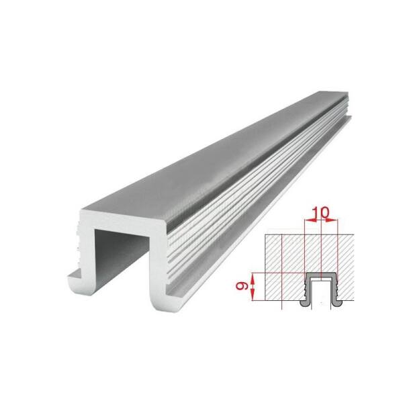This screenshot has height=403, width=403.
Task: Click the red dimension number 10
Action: coord(321,212)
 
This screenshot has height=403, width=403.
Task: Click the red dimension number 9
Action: coord(242,286)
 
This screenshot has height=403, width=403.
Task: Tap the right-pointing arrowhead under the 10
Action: coord(332,220)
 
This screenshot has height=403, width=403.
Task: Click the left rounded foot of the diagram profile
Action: coord(305,303)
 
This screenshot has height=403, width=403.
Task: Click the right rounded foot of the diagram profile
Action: coord(337,303)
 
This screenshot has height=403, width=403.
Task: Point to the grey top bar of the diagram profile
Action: coord(321,275)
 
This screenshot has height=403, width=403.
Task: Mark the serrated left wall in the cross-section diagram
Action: coord(308,288)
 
